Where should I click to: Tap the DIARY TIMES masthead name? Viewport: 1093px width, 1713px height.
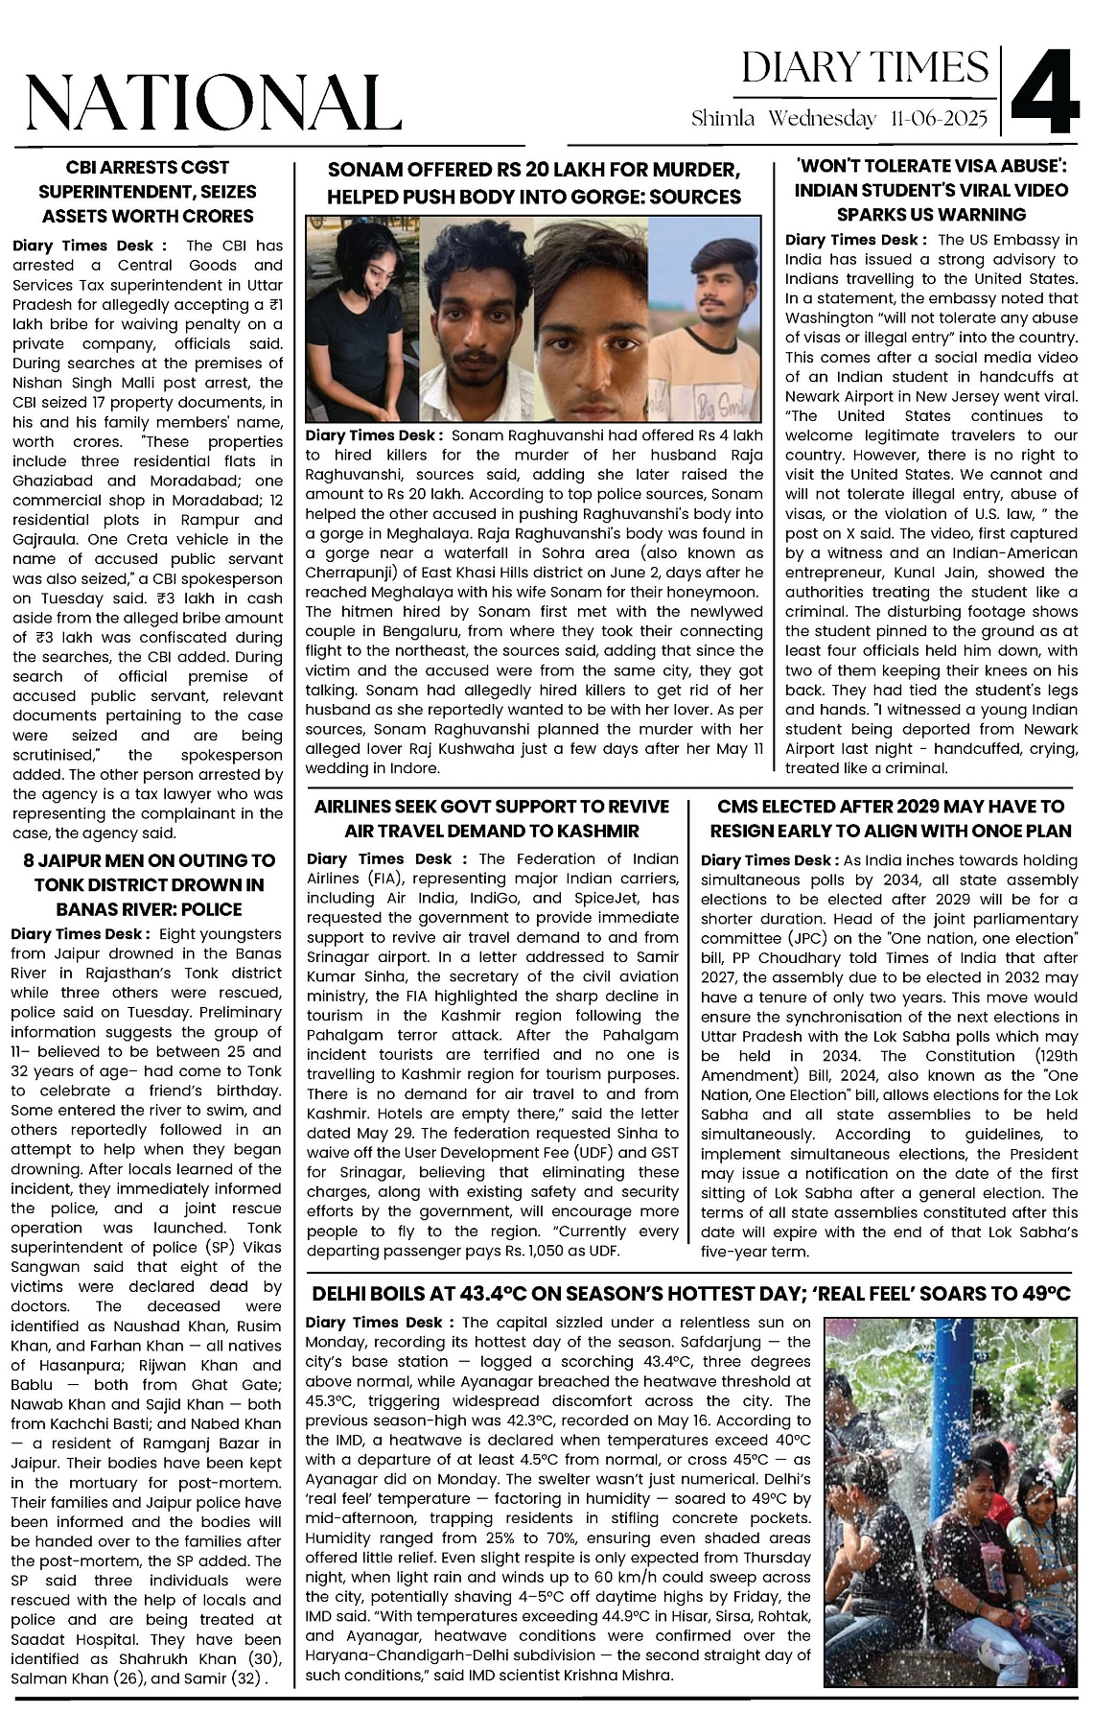[x=865, y=67]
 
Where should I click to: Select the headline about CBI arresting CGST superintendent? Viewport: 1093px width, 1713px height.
[x=147, y=192]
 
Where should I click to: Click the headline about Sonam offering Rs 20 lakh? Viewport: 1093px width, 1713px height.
[x=534, y=184]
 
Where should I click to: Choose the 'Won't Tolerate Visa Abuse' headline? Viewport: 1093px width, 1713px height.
[x=931, y=190]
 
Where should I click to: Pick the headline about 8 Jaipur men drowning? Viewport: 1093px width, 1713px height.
[x=147, y=884]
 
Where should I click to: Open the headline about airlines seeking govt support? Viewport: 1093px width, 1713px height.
[x=493, y=818]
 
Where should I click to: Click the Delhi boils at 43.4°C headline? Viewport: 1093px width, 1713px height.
[x=690, y=1294]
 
